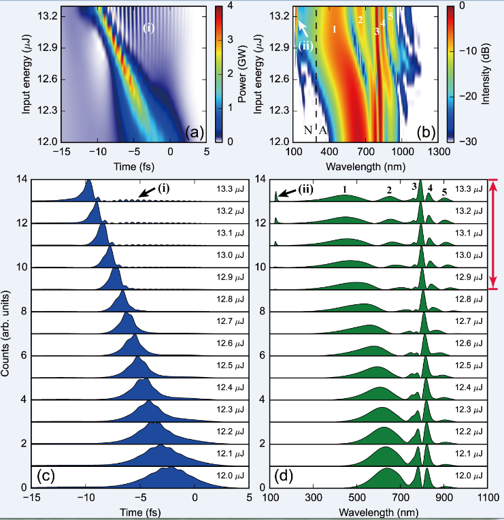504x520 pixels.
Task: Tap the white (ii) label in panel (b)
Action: click(307, 46)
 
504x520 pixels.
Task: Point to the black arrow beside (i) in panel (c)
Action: click(141, 194)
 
